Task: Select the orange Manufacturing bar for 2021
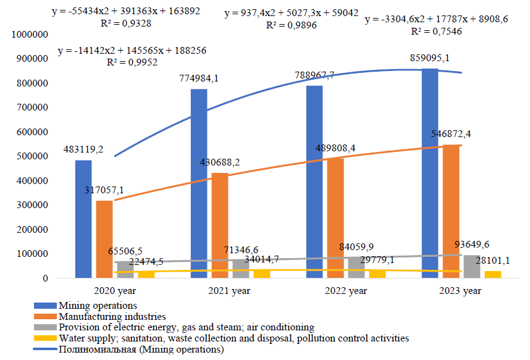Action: pos(219,225)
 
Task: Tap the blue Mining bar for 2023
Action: pos(430,173)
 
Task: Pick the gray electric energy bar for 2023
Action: pos(471,267)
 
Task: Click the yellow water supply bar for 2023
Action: pos(492,274)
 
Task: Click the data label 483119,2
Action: pos(83,150)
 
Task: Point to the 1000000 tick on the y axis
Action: pos(30,35)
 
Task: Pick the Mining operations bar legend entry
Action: pos(97,305)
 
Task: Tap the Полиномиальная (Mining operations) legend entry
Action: pos(140,350)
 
